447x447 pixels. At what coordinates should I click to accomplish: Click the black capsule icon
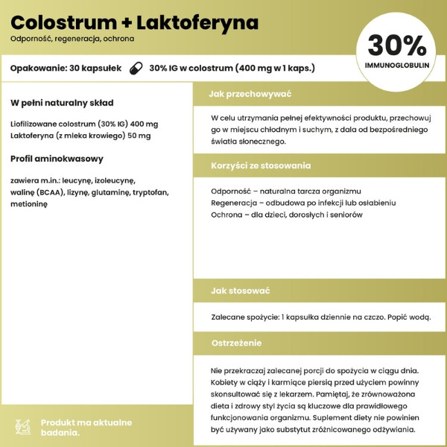click(136, 68)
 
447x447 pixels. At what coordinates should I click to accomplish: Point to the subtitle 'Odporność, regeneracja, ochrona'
click(72, 38)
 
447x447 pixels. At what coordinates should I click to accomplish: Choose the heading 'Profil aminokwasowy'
click(57, 158)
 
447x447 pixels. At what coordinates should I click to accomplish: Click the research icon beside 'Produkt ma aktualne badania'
click(23, 426)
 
